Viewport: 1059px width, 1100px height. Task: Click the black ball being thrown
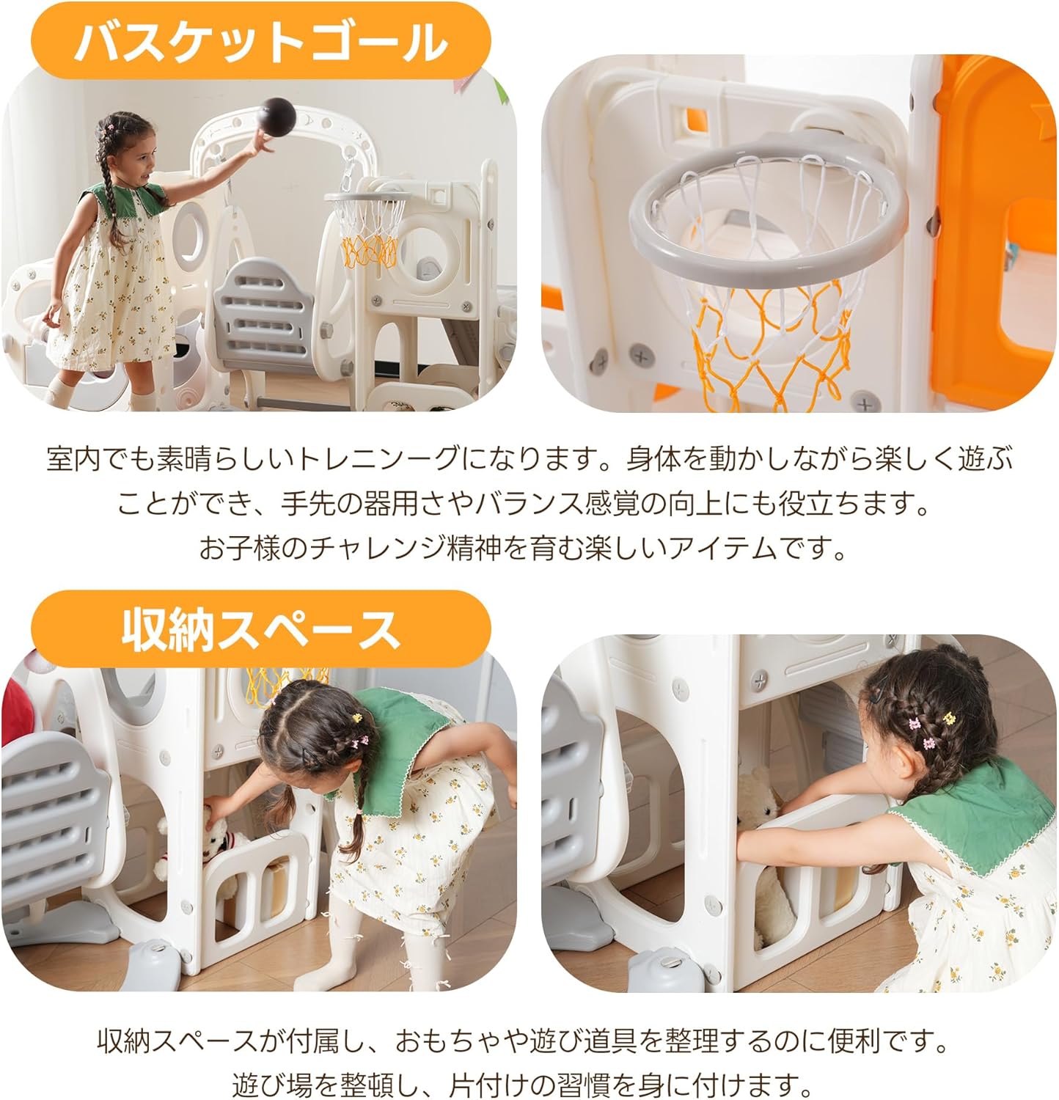279,114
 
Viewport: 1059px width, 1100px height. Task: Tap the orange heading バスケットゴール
260,41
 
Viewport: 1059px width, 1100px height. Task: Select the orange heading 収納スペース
260,629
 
